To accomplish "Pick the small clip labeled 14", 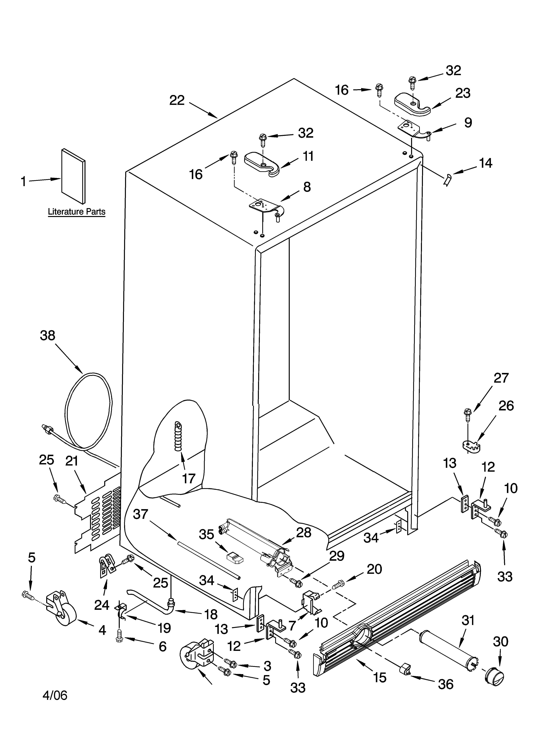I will (x=447, y=180).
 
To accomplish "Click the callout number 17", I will (x=189, y=478).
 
